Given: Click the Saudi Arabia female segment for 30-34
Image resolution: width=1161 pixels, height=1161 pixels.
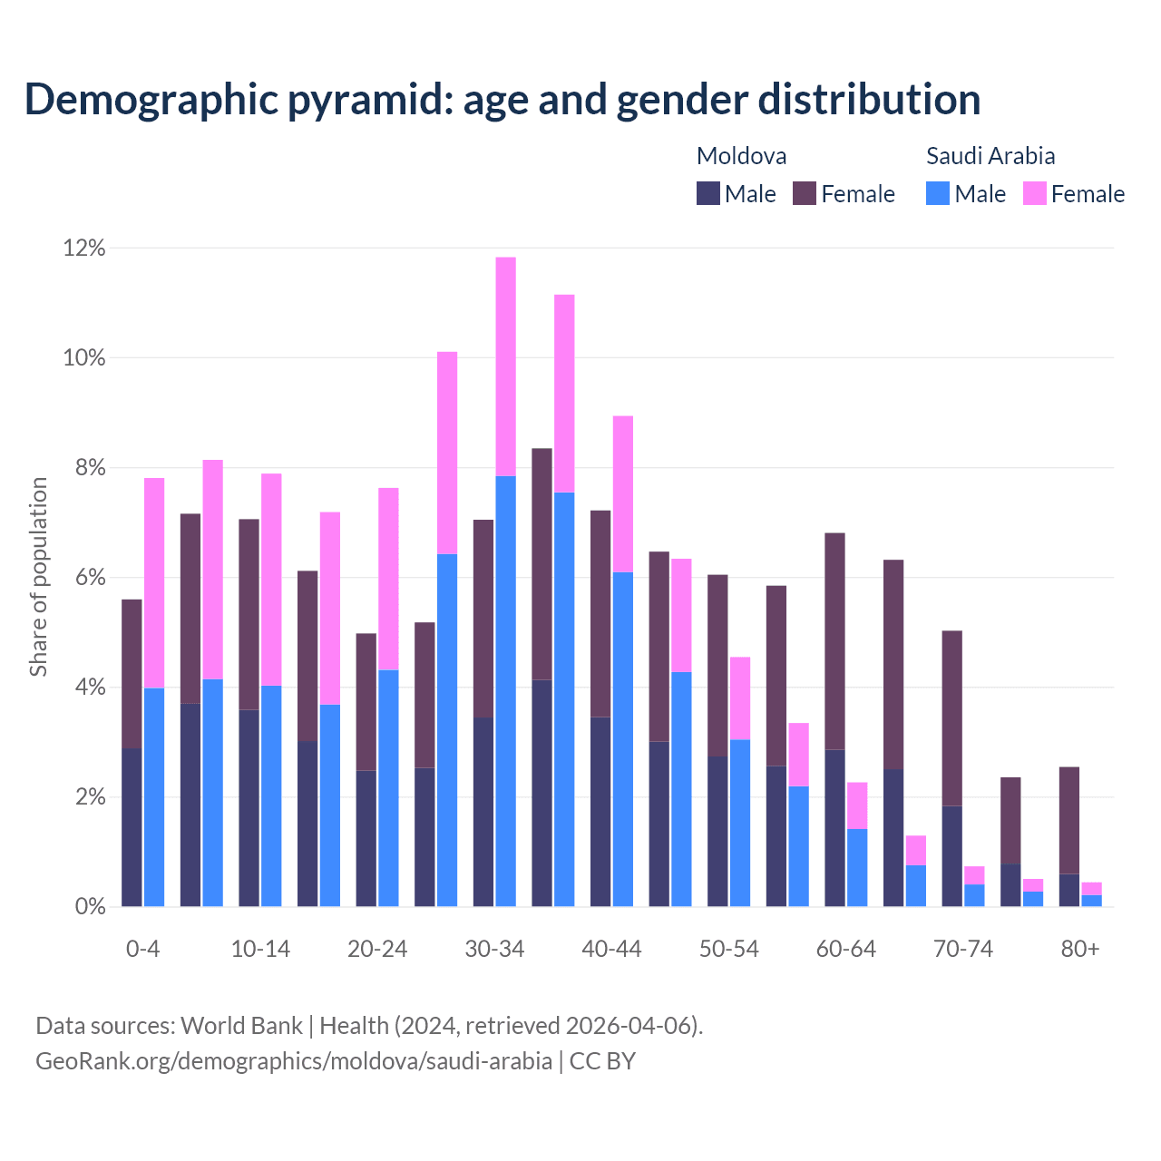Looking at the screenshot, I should [506, 366].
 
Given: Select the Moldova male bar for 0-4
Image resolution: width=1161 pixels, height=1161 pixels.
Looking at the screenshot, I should [132, 827].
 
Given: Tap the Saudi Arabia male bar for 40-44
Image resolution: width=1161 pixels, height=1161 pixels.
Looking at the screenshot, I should [623, 739].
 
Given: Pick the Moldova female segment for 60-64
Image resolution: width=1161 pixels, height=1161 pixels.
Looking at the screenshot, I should [834, 641].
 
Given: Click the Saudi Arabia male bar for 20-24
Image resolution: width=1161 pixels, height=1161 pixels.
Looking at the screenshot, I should [388, 788].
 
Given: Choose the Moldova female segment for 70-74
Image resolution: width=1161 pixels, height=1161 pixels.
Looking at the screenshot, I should [952, 718].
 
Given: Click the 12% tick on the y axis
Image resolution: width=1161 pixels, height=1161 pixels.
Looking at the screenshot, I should [84, 248].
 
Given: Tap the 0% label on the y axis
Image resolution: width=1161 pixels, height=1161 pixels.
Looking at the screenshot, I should [90, 907].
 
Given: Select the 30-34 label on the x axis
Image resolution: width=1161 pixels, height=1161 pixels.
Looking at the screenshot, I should [494, 950].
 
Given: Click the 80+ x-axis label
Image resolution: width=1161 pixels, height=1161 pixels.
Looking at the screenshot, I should [1080, 950].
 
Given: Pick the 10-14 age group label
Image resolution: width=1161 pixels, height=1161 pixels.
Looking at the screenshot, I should [260, 950].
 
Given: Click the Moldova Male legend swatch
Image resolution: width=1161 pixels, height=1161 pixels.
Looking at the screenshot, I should [708, 193].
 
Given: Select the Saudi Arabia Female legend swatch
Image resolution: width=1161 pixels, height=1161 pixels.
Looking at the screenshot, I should [1035, 193].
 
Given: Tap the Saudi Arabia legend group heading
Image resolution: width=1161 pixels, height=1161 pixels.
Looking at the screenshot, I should [990, 156].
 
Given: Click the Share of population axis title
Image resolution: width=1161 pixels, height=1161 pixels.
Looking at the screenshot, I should [38, 577].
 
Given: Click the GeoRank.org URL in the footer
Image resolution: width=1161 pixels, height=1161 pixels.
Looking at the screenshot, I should [294, 1060].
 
